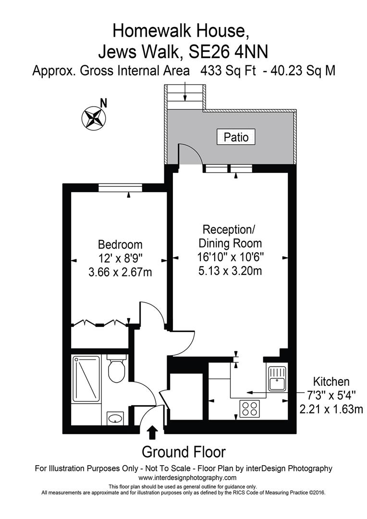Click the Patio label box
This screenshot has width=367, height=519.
236,136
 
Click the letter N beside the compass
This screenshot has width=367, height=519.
104,104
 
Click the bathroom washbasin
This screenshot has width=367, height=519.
115,418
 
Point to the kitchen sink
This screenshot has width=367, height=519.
277,379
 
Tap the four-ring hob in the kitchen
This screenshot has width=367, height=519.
249,408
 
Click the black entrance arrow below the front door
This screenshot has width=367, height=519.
152,432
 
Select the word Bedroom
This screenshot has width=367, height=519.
120,245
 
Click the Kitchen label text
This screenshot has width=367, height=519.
331,382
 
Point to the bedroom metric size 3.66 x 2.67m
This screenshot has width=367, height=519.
120,272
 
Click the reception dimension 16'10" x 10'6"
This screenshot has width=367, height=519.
230,257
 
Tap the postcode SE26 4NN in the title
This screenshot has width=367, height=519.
228,52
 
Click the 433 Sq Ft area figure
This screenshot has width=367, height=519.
228,71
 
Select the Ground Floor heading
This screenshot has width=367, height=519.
183,452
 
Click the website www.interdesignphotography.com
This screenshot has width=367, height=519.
187,478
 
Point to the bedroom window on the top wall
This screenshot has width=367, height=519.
120,188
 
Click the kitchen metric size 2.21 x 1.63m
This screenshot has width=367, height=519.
331,409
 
